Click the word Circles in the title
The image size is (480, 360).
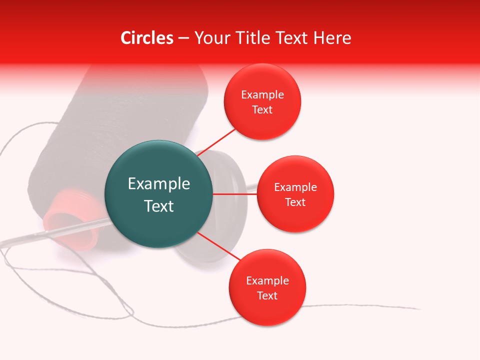[x=147, y=38]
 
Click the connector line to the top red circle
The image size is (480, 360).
[x=216, y=142]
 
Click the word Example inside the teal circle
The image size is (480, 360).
[x=158, y=183]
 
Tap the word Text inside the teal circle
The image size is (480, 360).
[x=158, y=206]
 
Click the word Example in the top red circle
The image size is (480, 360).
[x=262, y=94]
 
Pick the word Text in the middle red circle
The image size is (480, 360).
[x=295, y=202]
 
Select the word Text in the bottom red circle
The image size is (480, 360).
[x=267, y=295]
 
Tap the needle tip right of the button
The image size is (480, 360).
[x=253, y=188]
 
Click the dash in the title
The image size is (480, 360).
[x=183, y=38]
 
